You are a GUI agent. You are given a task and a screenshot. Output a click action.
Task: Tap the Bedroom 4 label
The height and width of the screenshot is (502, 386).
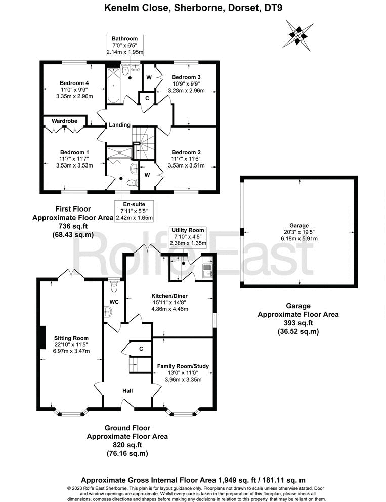tap(74, 83)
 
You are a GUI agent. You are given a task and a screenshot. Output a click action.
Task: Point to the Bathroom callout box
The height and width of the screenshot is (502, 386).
tap(125, 45)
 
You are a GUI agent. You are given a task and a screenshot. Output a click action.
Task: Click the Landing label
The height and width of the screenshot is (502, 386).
tap(119, 125)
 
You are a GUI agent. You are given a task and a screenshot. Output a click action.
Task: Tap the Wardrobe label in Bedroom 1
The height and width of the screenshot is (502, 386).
tap(64, 121)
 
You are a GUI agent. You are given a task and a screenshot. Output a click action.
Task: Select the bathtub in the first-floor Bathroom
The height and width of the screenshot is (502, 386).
tap(112, 85)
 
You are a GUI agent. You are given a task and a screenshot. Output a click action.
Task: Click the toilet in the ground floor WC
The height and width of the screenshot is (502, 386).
tap(113, 287)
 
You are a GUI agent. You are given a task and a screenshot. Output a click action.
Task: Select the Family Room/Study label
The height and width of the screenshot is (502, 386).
tap(183, 366)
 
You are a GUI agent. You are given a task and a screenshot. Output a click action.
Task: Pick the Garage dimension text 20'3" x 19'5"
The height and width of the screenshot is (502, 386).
tap(299, 232)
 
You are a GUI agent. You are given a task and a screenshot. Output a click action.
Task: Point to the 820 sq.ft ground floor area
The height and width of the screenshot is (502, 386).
tap(127, 445)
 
